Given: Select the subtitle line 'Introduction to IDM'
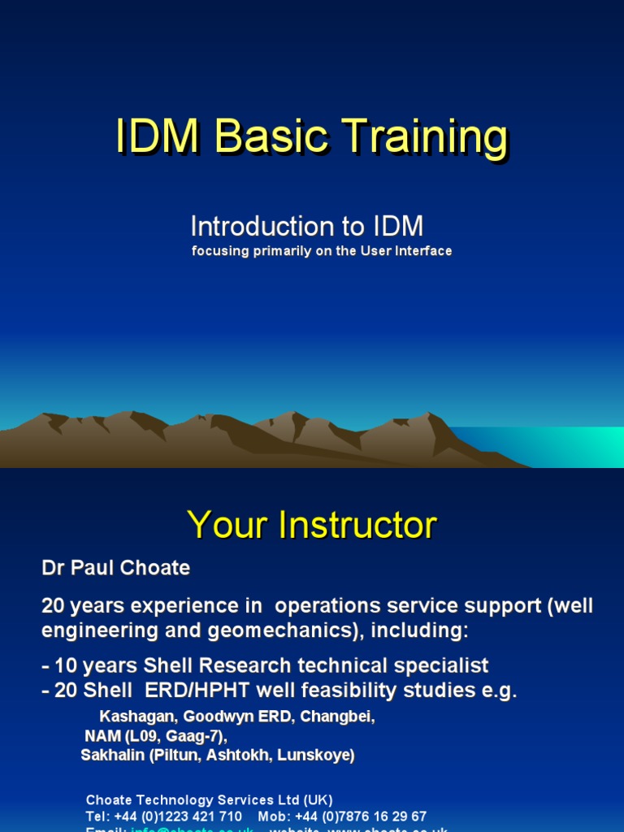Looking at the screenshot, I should pos(306,227).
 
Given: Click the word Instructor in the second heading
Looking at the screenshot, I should pos(357,526).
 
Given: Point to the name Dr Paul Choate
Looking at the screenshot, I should pos(115,568).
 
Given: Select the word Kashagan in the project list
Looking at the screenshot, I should pos(136,717).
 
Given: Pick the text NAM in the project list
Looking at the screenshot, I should pos(101,736).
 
